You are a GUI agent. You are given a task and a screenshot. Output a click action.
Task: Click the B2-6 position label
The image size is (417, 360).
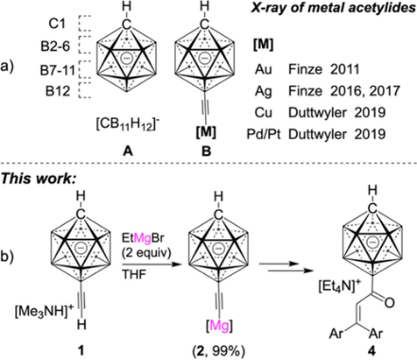pyautogui.click(x=55, y=47)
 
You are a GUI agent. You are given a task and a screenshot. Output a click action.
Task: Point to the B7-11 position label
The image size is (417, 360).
pyautogui.click(x=57, y=70)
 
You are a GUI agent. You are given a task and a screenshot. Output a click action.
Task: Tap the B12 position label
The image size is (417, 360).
pyautogui.click(x=58, y=92)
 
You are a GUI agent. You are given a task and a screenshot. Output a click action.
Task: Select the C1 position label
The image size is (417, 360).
pyautogui.click(x=58, y=24)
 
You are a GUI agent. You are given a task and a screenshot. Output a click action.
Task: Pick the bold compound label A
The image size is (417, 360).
pyautogui.click(x=128, y=152)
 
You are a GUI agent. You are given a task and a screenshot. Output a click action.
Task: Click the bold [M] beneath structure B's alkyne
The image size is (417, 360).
pyautogui.click(x=206, y=132)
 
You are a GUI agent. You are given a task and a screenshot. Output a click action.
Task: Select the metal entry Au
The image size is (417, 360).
pyautogui.click(x=264, y=69)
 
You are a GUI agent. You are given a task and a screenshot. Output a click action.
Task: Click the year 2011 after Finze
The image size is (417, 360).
pyautogui.click(x=345, y=69)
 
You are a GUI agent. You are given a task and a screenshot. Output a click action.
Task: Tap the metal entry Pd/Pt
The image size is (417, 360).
pyautogui.click(x=264, y=134)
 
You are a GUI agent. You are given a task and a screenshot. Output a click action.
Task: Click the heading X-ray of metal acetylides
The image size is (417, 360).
pyautogui.click(x=334, y=8)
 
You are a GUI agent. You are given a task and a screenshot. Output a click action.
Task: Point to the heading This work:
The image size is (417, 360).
pyautogui.click(x=39, y=179)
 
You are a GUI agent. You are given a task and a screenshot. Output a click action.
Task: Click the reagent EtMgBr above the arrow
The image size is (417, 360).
pyautogui.click(x=143, y=238)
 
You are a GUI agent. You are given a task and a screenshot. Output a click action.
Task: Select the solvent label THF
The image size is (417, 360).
pyautogui.click(x=134, y=274)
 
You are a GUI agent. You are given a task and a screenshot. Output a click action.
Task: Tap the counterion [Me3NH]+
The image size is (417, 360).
pyautogui.click(x=43, y=312)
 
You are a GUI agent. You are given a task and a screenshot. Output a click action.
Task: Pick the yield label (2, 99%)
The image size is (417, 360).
pyautogui.click(x=218, y=351)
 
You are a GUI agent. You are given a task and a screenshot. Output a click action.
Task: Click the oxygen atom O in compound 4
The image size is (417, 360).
pyautogui.click(x=390, y=302)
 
